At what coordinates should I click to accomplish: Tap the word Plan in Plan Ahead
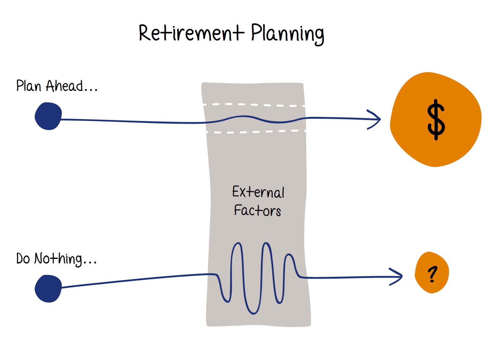[x=28, y=86]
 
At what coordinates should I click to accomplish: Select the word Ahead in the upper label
[x=64, y=86]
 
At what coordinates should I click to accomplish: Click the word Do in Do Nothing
[x=23, y=258]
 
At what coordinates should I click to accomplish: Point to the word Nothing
[x=58, y=259]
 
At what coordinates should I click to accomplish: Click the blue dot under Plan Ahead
[x=48, y=116]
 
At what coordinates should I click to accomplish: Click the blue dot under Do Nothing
[x=48, y=288]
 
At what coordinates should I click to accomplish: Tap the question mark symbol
[x=432, y=274]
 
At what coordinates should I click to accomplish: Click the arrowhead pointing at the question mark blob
[x=397, y=276]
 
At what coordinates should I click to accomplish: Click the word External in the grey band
[x=258, y=192]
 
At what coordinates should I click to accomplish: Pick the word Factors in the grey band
[x=257, y=210]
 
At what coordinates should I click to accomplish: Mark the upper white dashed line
[x=254, y=105]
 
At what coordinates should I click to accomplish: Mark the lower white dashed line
[x=257, y=132]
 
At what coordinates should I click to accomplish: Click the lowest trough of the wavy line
[x=253, y=313]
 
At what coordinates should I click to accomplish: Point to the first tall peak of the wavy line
[x=237, y=243]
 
